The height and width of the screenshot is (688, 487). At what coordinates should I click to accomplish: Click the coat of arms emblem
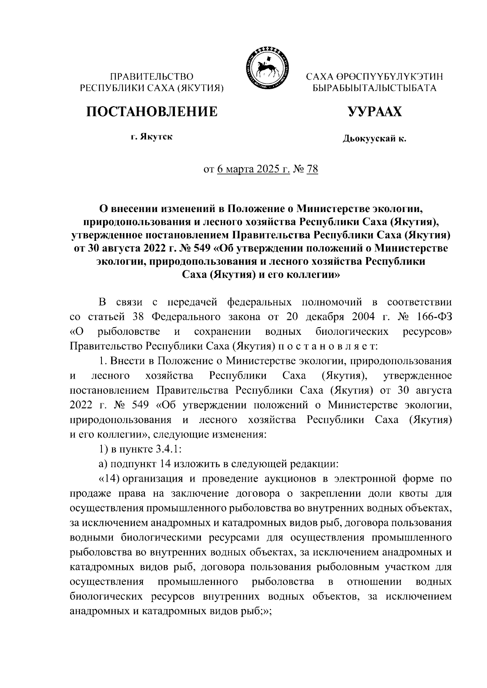point(266,68)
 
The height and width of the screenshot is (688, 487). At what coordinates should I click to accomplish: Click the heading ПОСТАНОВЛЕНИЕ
point(151,111)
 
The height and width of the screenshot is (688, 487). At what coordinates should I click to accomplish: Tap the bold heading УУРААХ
point(375,111)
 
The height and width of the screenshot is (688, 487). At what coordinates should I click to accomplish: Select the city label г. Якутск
point(151,137)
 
